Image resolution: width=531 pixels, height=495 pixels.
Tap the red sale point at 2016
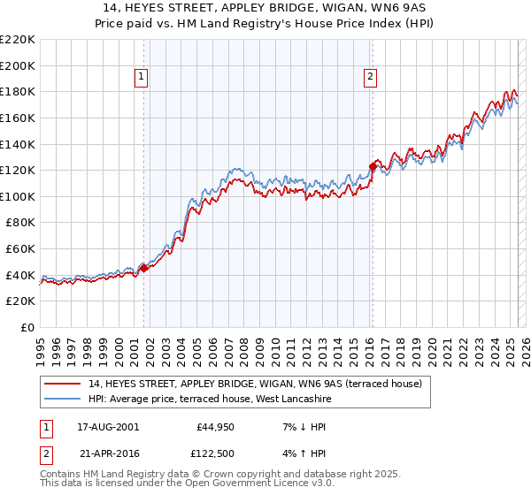pyautogui.click(x=373, y=166)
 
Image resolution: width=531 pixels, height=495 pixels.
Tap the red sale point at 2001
pyautogui.click(x=143, y=268)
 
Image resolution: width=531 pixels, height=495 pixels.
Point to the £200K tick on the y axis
pyautogui.click(x=19, y=65)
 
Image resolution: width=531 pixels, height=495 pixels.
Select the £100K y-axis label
pyautogui.click(x=19, y=196)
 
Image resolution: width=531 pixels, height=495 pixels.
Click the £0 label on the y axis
pyautogui.click(x=27, y=327)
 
